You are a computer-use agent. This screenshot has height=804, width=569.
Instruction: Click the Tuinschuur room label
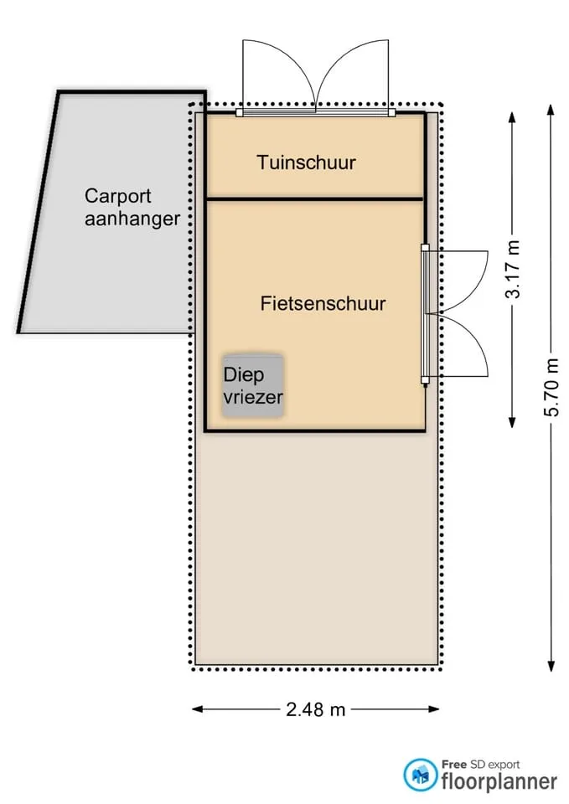point(307,162)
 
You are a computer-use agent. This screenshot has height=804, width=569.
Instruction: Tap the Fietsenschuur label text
point(323,303)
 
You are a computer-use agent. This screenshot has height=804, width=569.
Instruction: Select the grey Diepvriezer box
point(252,386)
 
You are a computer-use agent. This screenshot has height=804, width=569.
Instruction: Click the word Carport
point(118,196)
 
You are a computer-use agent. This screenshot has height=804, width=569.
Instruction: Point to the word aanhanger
point(132,219)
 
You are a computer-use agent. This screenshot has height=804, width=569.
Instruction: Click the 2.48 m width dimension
point(316,709)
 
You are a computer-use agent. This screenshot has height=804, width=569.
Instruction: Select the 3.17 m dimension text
point(513,269)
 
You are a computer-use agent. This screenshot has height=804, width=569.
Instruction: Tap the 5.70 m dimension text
point(551,387)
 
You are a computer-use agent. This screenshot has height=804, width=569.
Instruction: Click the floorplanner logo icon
point(420,774)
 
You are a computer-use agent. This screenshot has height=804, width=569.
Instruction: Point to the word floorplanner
point(499,781)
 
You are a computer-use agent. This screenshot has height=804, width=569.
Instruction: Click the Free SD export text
point(481,765)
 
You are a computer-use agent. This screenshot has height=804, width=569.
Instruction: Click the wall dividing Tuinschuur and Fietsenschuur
point(314,198)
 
